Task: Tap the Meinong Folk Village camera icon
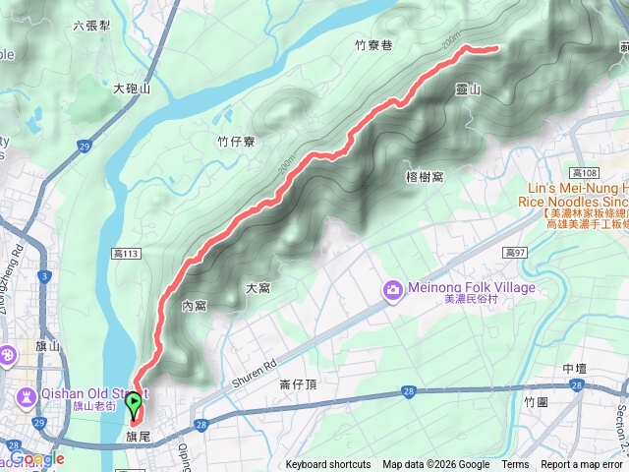tap(393, 288)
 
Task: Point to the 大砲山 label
tap(132, 88)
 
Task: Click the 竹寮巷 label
tap(374, 44)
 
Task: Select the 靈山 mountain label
tap(468, 89)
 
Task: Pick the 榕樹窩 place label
tap(425, 176)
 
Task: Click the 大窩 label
tap(257, 288)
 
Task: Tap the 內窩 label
tap(194, 306)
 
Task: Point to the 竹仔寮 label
tap(236, 142)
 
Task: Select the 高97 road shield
tap(516, 253)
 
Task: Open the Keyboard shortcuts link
tap(328, 465)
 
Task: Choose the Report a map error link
tap(583, 465)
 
